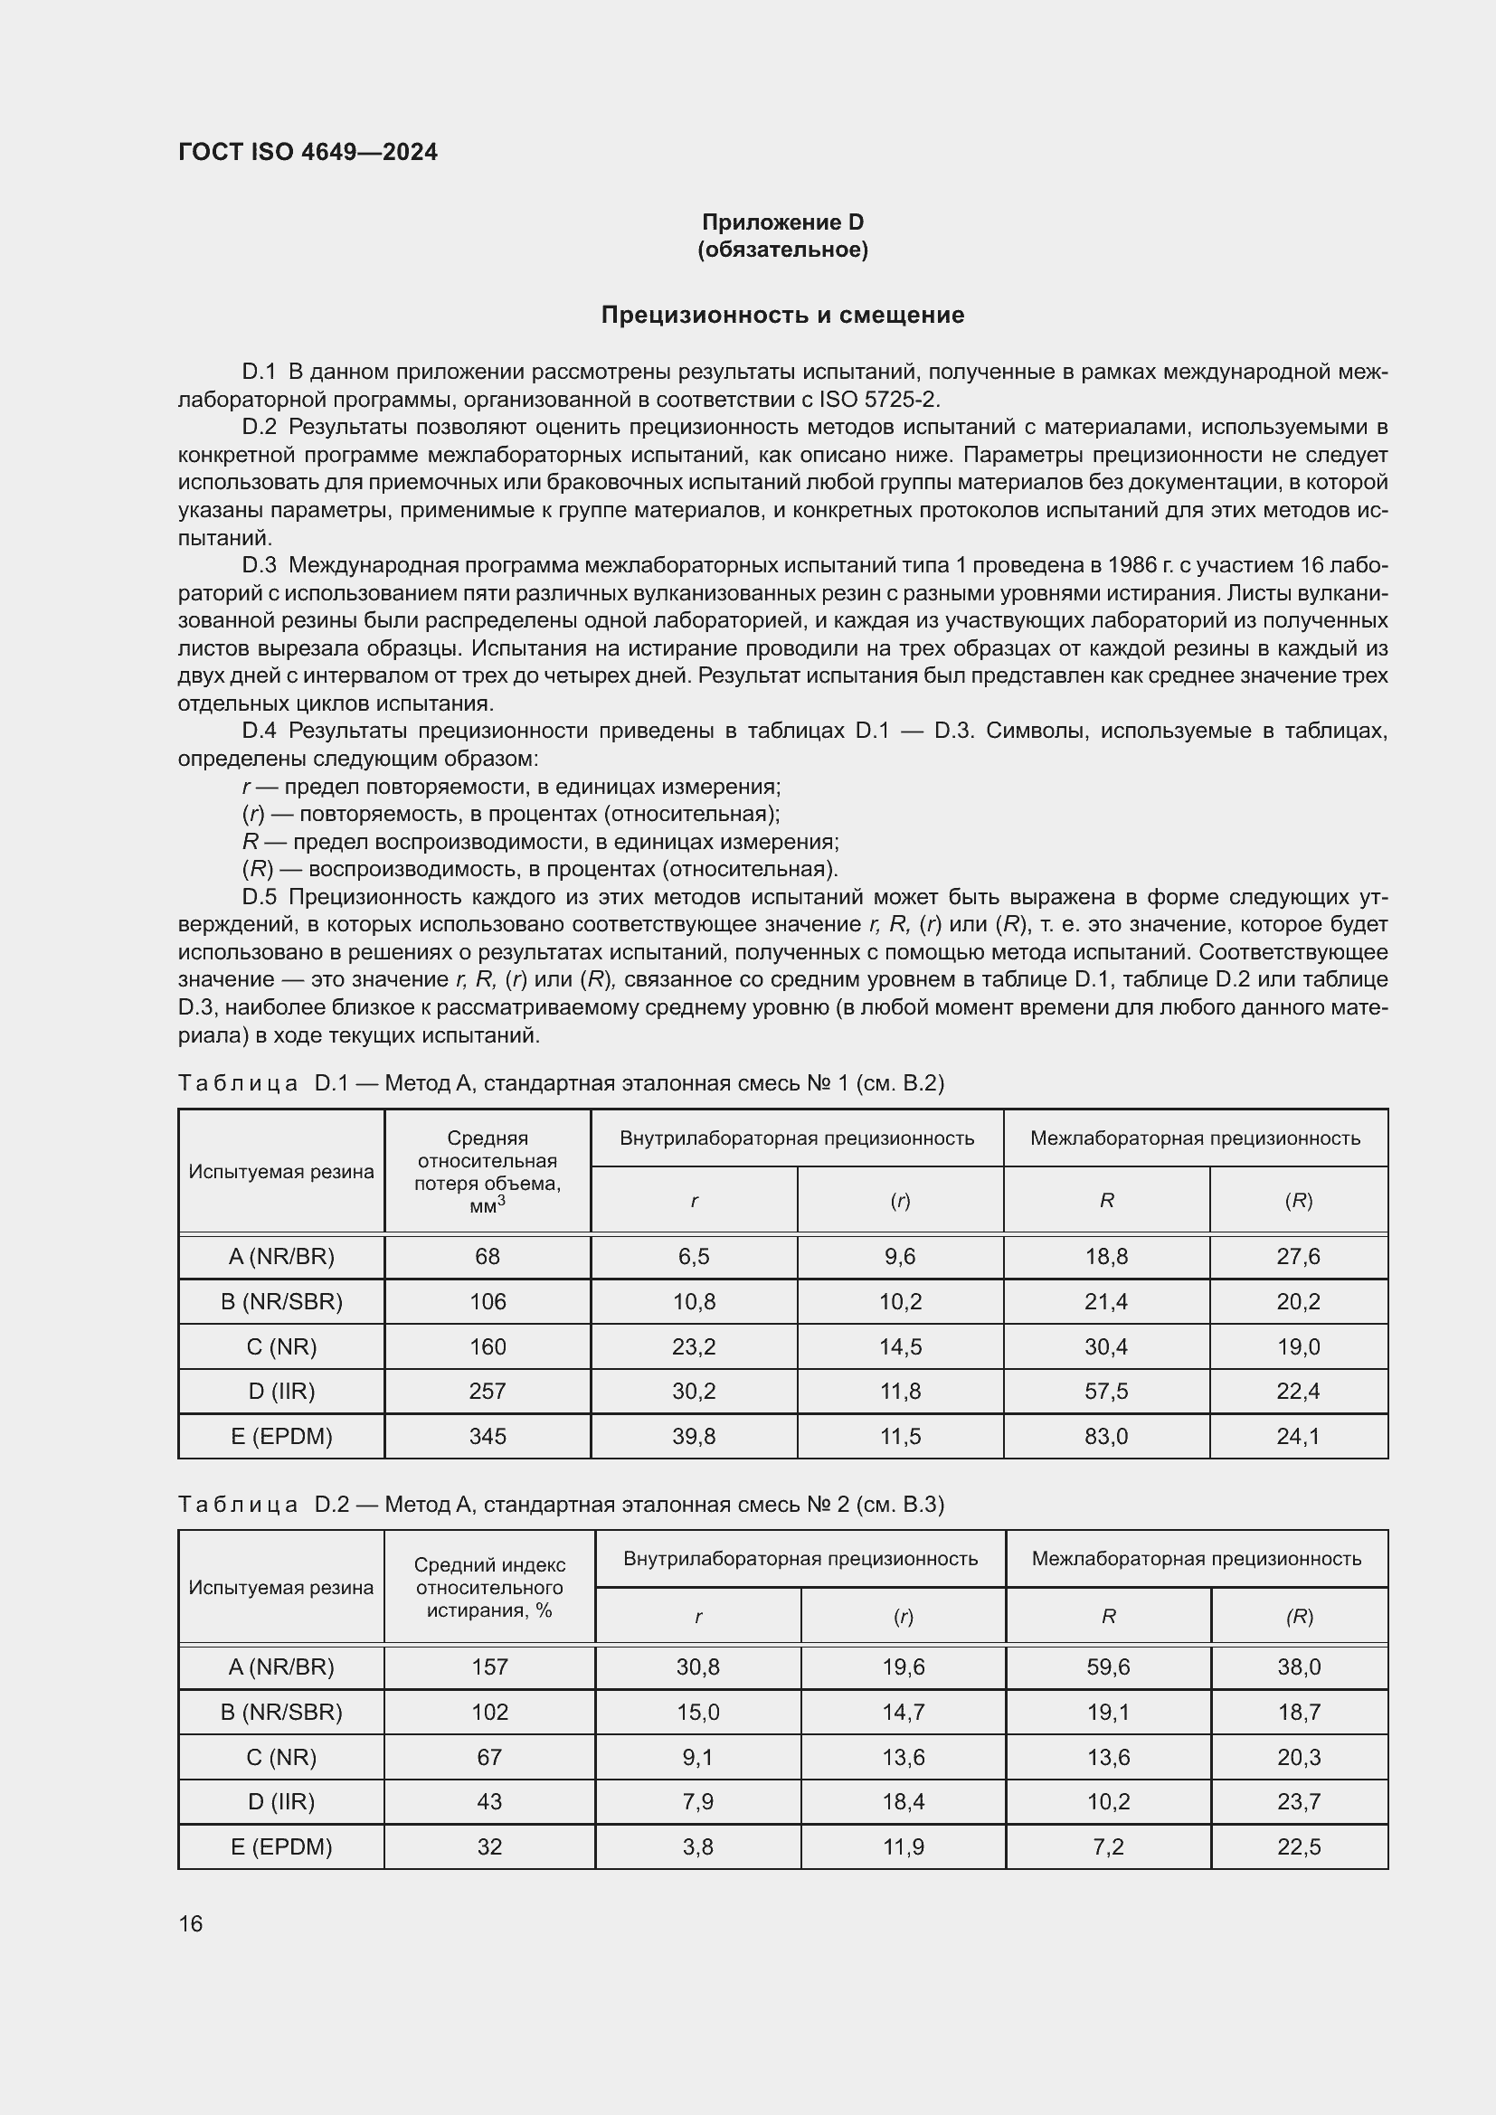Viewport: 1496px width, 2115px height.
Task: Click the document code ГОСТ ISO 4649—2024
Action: coord(308,152)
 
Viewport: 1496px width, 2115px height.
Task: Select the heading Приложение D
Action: coord(782,222)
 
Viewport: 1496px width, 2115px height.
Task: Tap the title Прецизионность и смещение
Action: coord(782,315)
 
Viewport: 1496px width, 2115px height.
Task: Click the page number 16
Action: coord(191,1923)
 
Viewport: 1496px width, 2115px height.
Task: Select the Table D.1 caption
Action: coord(561,1082)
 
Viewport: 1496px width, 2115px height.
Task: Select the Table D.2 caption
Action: coord(561,1505)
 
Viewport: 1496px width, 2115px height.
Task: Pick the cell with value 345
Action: coord(488,1436)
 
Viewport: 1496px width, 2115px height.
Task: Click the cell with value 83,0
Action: coord(1106,1436)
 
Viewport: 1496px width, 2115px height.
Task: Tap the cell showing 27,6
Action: coord(1298,1257)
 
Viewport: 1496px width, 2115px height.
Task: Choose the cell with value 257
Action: coord(488,1391)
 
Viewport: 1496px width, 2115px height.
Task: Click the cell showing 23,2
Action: coord(694,1346)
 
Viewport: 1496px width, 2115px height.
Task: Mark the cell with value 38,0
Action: coord(1299,1667)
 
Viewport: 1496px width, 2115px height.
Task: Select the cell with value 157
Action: coord(489,1667)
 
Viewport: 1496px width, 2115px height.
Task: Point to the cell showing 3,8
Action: coord(697,1847)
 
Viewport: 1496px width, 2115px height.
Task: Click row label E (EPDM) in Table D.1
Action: coord(281,1436)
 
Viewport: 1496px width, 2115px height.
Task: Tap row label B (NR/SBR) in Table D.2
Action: coord(281,1712)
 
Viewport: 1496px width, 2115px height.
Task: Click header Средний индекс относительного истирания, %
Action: coord(489,1587)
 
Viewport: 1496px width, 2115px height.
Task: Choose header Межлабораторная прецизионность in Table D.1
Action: coord(1195,1138)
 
